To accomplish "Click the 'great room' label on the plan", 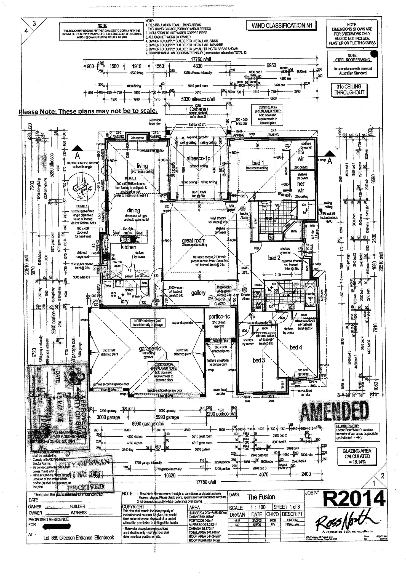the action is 194,240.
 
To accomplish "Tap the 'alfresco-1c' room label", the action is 198,158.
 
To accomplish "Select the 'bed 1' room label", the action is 258,163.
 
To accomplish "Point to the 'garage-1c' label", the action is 150,349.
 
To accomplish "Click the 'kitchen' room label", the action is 129,247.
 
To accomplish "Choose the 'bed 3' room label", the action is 259,360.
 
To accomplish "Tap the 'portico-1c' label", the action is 219,317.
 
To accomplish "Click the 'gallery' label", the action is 198,293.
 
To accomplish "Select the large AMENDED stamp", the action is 334,411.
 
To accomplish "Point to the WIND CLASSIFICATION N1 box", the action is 281,26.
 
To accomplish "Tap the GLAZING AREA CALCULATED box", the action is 357,456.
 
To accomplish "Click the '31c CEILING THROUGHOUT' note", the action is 349,89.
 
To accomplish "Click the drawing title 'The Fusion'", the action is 261,497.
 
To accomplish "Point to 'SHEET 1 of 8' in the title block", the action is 286,507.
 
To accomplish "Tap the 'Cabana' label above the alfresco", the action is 198,109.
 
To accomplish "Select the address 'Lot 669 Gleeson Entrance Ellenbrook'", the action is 79,537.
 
